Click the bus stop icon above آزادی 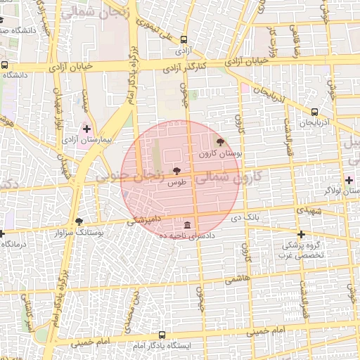[x=184, y=40]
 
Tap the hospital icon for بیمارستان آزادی [x=87, y=129]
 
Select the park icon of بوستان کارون [x=221, y=142]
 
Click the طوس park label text [x=176, y=182]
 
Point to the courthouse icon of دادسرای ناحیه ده [x=187, y=225]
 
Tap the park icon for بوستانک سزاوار [x=78, y=221]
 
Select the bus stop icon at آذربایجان [x=314, y=111]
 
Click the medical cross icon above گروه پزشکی [x=301, y=234]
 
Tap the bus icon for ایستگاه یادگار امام [x=162, y=335]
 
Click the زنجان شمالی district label [x=90, y=13]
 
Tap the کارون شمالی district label [x=226, y=179]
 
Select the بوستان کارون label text [x=220, y=153]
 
